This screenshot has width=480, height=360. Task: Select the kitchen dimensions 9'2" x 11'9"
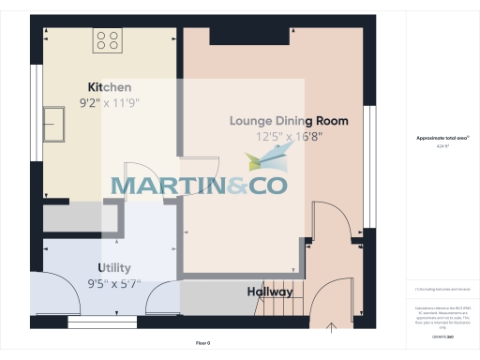(109, 103)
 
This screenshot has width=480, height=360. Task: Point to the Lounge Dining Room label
(289, 121)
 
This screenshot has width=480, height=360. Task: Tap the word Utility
(109, 267)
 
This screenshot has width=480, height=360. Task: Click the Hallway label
(270, 292)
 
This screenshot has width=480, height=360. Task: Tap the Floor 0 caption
(203, 344)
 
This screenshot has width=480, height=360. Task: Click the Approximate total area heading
(442, 138)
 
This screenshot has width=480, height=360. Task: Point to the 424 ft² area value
(442, 147)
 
